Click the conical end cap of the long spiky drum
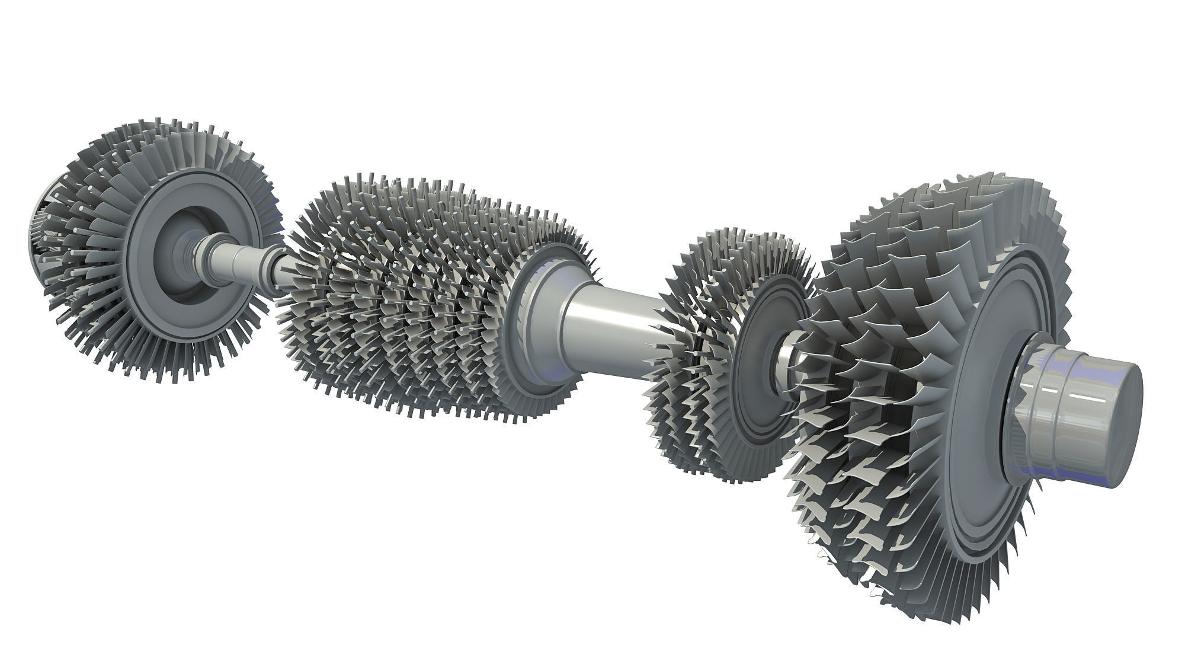(536, 302)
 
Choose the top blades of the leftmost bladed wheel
(178, 154)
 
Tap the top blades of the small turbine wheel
(741, 249)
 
